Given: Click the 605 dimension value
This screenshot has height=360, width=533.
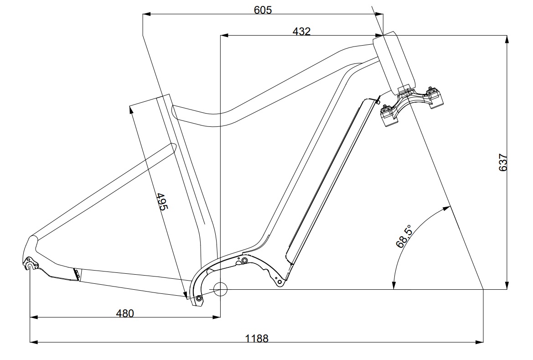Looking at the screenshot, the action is click(263, 10).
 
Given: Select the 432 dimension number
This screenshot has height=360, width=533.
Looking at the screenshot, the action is click(301, 31).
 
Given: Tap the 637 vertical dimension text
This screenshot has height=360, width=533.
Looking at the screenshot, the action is click(503, 162).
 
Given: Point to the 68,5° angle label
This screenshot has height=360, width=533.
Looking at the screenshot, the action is click(404, 236).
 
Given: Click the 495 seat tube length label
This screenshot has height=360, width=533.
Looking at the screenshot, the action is click(162, 202).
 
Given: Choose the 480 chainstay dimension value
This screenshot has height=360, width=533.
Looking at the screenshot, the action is click(125, 313).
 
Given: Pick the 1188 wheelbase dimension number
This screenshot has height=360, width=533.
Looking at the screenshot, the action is click(257, 339).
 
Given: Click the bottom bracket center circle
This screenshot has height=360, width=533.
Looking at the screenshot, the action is click(220, 289).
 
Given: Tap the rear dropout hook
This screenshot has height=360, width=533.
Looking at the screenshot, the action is click(31, 264).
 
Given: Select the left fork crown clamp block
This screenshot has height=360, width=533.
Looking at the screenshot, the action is click(388, 116).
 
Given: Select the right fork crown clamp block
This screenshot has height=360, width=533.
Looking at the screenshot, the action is click(435, 98).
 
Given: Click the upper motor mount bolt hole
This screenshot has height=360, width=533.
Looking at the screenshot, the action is click(244, 261).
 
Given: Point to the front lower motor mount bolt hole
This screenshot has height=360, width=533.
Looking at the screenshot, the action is click(280, 282).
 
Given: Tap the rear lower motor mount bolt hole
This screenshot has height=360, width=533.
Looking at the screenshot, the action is click(199, 298).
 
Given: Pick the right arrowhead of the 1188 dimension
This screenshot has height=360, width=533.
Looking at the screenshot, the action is click(479, 342).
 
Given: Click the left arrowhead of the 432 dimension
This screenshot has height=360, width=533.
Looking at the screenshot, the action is click(224, 35).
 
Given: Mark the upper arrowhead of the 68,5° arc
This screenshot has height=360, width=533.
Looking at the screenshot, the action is click(447, 208).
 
